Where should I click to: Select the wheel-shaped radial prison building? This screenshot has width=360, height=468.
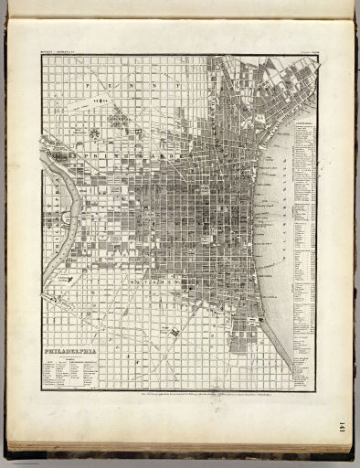click(x=94, y=133)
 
